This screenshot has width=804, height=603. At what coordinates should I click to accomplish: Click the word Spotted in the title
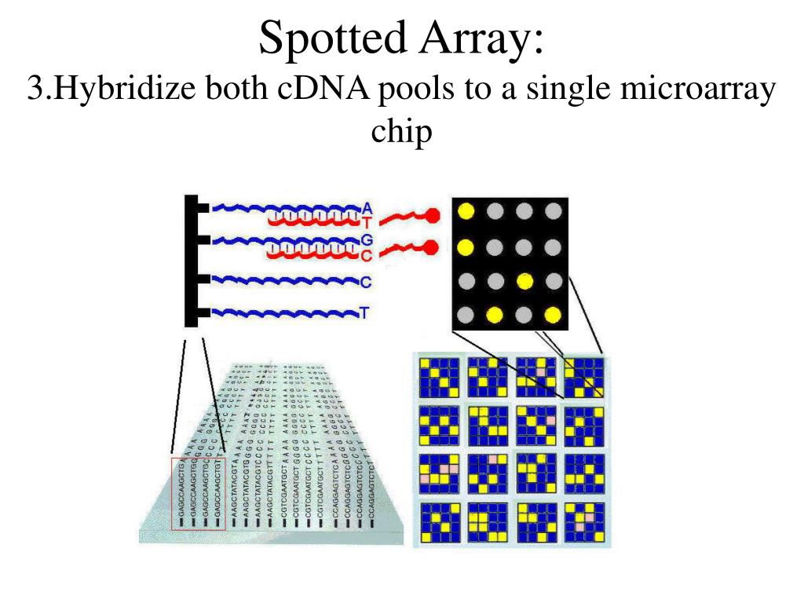coord(329,38)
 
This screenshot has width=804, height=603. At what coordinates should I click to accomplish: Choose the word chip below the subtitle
coord(401,131)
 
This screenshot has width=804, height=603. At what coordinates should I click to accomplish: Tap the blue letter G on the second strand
coord(366,239)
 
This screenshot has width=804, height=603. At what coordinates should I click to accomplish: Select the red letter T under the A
coord(366,222)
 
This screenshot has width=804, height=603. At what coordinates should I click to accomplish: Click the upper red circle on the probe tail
coord(431,214)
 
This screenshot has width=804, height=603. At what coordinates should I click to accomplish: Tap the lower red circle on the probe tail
coord(430,248)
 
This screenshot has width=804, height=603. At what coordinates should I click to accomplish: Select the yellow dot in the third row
coord(524,281)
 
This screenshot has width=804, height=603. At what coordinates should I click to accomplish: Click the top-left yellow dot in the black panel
coord(466,210)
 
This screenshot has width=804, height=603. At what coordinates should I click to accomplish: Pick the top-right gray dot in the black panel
coord(554,210)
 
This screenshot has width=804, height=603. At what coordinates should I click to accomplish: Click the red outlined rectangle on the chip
coord(199,492)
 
